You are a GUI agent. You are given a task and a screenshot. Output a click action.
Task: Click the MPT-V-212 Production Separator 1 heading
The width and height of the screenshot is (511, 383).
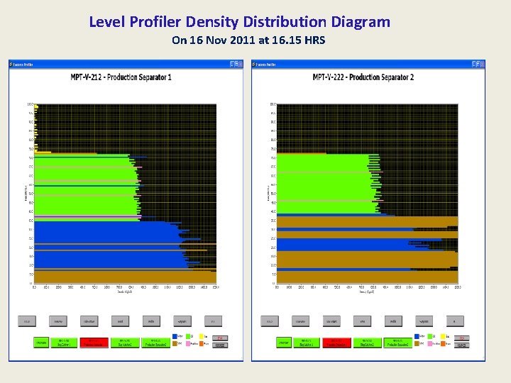(x=120, y=77)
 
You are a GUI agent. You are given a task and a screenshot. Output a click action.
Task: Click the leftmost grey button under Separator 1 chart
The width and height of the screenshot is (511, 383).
(x=27, y=321)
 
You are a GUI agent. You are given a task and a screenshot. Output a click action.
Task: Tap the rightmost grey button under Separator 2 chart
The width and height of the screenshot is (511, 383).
(x=455, y=321)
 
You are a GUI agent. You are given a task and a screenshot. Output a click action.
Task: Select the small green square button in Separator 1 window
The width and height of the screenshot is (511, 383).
(x=41, y=343)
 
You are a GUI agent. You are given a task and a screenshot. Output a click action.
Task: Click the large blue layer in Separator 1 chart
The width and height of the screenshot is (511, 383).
(x=99, y=245)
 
